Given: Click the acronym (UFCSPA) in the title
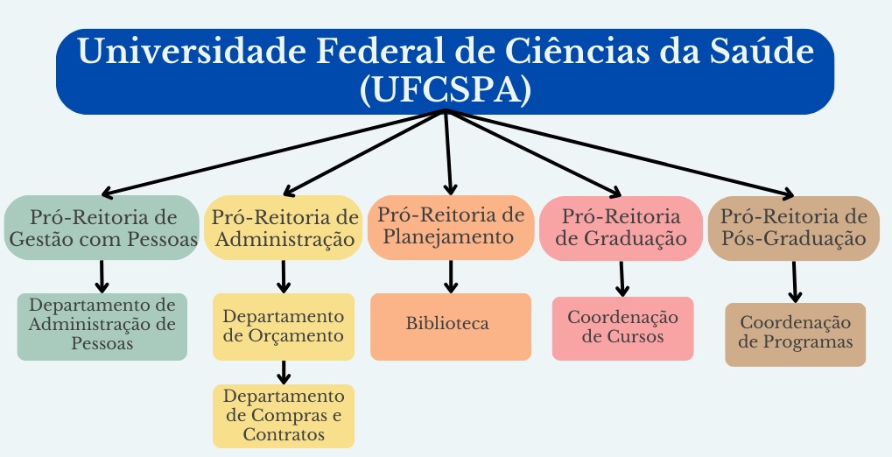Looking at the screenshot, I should pos(446,90).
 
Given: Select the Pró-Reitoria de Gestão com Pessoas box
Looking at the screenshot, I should pos(102,228).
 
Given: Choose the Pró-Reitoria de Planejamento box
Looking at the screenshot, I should pos(451,226).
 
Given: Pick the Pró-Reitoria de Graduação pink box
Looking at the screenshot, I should pos(621,228).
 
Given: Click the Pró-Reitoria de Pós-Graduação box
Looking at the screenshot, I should pos(793,228).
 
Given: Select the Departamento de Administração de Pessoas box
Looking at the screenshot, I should pos(102,326).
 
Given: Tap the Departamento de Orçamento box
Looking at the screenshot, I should pos(284,326).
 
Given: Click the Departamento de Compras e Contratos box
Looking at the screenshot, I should pos(284,416).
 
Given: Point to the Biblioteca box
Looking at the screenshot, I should pos(450,326).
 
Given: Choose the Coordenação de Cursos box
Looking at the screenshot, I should pos(622,327).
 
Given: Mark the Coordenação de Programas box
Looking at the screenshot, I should pos(795,334).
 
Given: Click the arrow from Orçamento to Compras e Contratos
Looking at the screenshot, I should pos(284,372).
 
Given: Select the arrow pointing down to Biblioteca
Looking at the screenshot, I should pos(451,276).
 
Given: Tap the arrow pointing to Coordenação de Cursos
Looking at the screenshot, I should pos(622,278).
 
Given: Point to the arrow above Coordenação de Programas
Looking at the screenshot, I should pos(795,283).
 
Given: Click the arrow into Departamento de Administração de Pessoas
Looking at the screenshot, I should pos(102,276).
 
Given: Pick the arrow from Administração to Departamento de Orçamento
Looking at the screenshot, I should pos(284,276).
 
